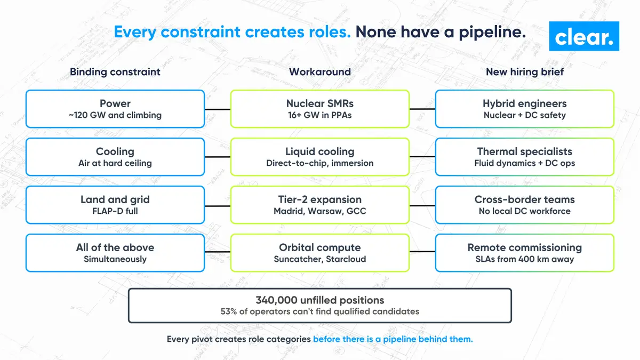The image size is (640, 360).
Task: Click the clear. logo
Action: pos(584,36)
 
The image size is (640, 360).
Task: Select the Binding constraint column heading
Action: pos(115,71)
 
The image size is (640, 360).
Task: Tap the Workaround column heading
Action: pos(319,71)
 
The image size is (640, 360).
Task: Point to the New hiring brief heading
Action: pos(525,71)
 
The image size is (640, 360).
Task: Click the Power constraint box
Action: pos(115,109)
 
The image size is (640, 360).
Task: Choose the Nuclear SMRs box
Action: pos(319,109)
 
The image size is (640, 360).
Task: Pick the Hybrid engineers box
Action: pos(525,109)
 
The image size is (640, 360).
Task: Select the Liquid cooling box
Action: pos(319,157)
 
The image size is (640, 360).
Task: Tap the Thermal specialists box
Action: pos(525,157)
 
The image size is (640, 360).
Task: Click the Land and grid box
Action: pos(115,205)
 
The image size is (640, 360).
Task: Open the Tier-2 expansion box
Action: pos(319,205)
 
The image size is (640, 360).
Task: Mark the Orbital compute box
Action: pos(319,253)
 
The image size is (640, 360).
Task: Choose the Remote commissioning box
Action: pos(525,253)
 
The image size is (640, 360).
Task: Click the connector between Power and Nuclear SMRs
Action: pos(218,109)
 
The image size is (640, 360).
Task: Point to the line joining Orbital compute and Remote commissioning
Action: pos(422,252)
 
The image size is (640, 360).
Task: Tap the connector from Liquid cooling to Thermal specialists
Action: pos(422,157)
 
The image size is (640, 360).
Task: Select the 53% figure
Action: pos(229,311)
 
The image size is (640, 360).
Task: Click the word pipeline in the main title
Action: pos(492,32)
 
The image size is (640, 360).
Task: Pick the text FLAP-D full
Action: pos(115,211)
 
